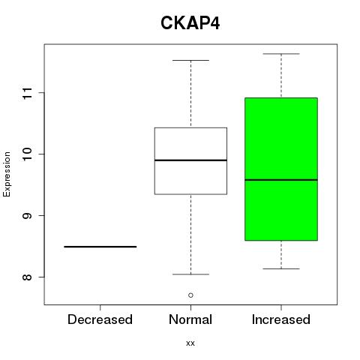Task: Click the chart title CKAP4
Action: pyautogui.click(x=190, y=23)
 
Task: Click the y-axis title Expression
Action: pyautogui.click(x=7, y=174)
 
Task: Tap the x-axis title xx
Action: pyautogui.click(x=190, y=343)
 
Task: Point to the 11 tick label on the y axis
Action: pyautogui.click(x=27, y=93)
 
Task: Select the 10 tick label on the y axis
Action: pyautogui.click(x=27, y=154)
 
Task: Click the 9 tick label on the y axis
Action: pyautogui.click(x=27, y=215)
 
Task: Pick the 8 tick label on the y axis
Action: pyautogui.click(x=27, y=277)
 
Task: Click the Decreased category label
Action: pyautogui.click(x=100, y=319)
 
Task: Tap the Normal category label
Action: pyautogui.click(x=190, y=319)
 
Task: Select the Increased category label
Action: pyautogui.click(x=281, y=319)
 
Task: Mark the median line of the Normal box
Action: pyautogui.click(x=190, y=160)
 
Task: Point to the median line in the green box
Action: pyautogui.click(x=281, y=180)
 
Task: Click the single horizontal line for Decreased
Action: pyautogui.click(x=100, y=247)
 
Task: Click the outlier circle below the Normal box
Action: pyautogui.click(x=190, y=295)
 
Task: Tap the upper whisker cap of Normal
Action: pyautogui.click(x=190, y=60)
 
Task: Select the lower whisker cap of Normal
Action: pyautogui.click(x=190, y=274)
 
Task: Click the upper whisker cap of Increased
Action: pyautogui.click(x=281, y=54)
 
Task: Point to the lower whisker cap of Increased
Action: pyautogui.click(x=281, y=268)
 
